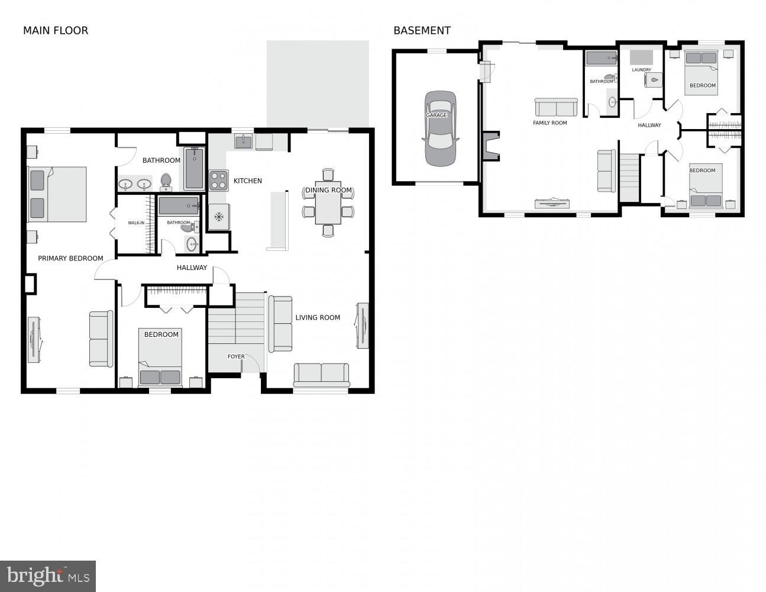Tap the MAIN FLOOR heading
pos(55,31)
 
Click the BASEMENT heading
pos(422,31)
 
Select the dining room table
pos(328,203)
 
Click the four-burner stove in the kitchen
pos(218,180)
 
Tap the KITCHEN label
pos(247,181)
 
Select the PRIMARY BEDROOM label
pos(70,258)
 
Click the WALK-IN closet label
pos(136,223)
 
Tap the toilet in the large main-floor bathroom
pos(166,181)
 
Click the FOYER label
pos(236,356)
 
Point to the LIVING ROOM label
pos(318,317)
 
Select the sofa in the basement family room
pos(556,107)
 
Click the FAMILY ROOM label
pos(550,123)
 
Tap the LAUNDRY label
pos(641,70)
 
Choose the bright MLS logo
pos(48,575)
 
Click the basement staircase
pos(630,178)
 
